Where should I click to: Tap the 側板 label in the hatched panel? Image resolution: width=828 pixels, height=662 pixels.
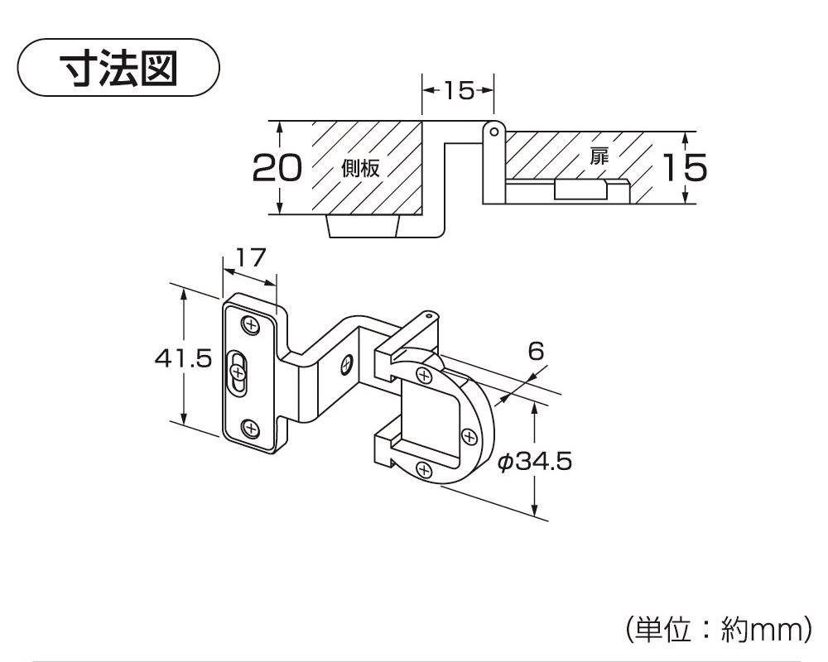tap(361, 169)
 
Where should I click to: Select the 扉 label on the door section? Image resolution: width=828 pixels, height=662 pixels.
tap(599, 156)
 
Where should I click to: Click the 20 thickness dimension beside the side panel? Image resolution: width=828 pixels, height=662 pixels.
tap(277, 168)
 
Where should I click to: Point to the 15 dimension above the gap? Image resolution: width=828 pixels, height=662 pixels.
tap(458, 90)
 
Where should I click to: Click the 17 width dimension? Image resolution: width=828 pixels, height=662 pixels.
tap(249, 258)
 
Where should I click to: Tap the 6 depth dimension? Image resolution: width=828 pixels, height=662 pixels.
tap(536, 351)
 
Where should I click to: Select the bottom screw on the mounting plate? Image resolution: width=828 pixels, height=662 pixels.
tap(249, 427)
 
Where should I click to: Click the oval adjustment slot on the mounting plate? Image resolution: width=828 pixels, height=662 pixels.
tap(238, 373)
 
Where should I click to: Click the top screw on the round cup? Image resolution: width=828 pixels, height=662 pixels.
tap(425, 376)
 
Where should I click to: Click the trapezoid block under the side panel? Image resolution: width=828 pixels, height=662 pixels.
tap(364, 226)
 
